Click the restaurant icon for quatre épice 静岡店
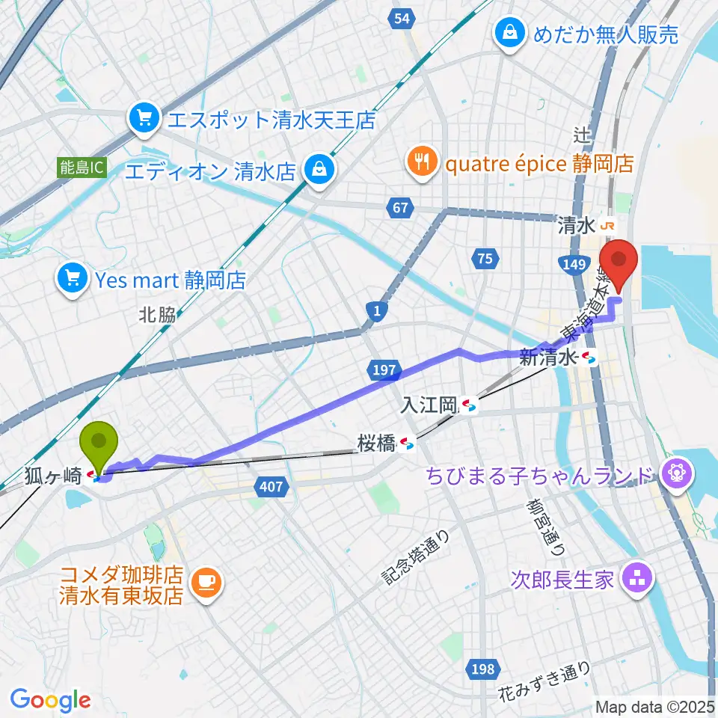click(422, 162)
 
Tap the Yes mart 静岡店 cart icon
click(73, 280)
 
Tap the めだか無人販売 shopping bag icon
click(509, 34)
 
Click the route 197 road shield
click(381, 368)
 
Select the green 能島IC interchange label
click(82, 168)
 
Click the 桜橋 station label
click(375, 444)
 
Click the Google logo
click(50, 699)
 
